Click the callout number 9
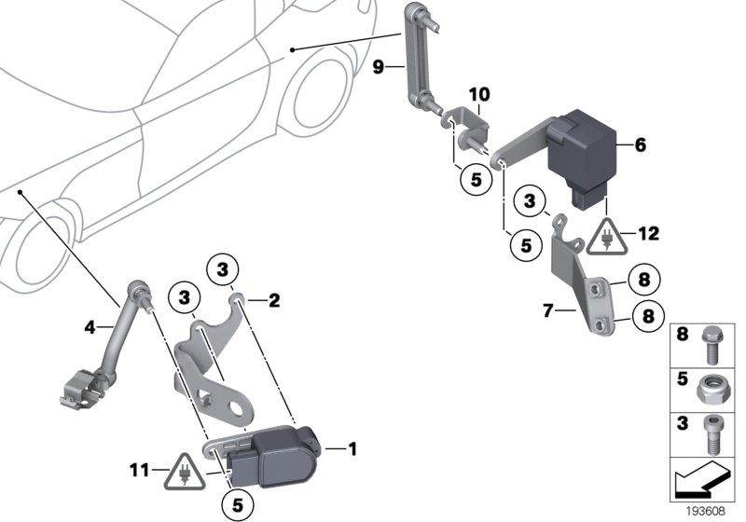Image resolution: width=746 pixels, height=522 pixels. pyautogui.click(x=378, y=66)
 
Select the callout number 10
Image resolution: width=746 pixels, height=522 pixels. pyautogui.click(x=478, y=95)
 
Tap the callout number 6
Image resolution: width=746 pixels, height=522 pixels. pyautogui.click(x=640, y=145)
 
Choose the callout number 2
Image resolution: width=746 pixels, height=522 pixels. pyautogui.click(x=274, y=300)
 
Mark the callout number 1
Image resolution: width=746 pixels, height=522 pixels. pyautogui.click(x=352, y=449)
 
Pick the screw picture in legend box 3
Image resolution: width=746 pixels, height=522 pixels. pyautogui.click(x=712, y=432)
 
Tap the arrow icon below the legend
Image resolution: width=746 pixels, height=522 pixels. pyautogui.click(x=704, y=481)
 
